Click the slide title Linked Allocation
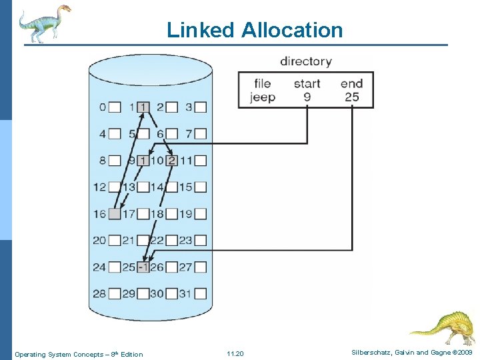point(254,30)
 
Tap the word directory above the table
point(305,61)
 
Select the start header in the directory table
point(307,84)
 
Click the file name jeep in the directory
point(263,97)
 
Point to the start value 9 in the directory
point(306,97)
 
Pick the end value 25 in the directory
point(352,97)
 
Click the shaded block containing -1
point(143,267)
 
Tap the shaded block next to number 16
point(115,214)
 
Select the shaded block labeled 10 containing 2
point(171,160)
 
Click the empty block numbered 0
point(115,107)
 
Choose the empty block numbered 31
point(200,294)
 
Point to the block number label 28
point(99,294)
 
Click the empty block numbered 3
point(200,107)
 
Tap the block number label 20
point(99,241)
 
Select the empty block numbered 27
point(200,267)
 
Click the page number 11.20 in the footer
point(235,354)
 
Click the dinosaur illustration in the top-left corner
point(44,23)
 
